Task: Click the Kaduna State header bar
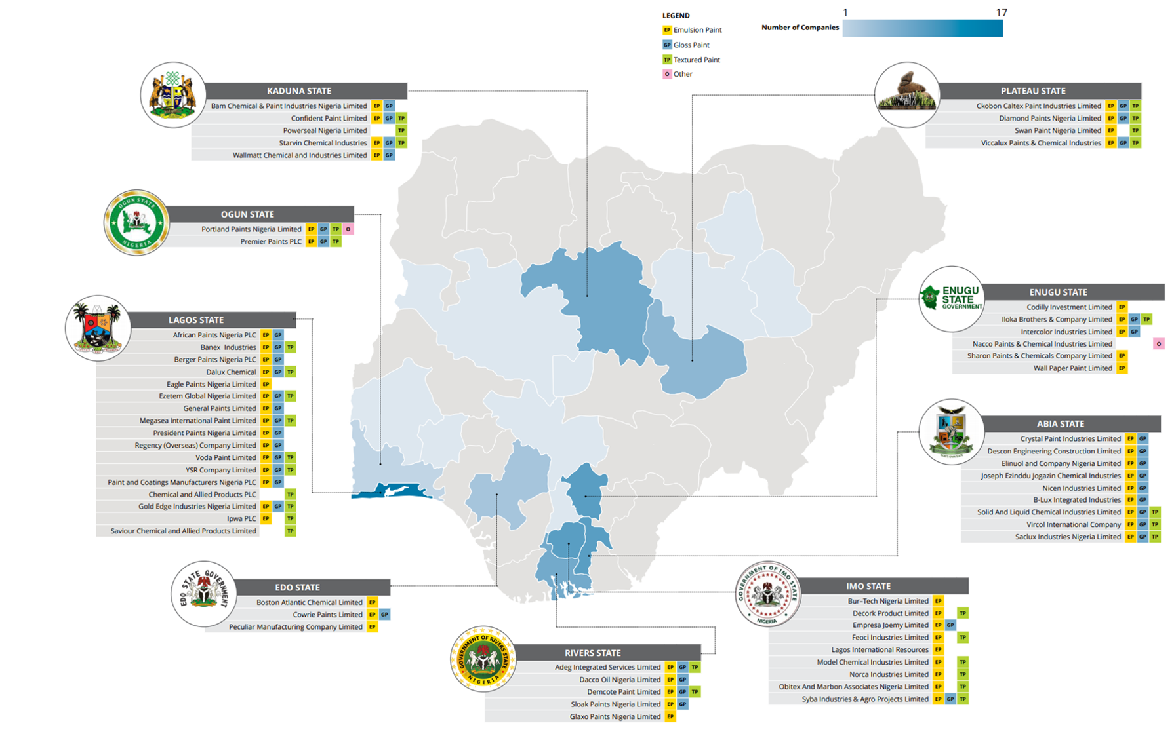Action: click(299, 90)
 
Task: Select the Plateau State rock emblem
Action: click(907, 94)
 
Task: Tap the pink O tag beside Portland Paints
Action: click(348, 229)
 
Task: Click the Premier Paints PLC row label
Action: click(271, 242)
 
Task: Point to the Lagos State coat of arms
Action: click(98, 328)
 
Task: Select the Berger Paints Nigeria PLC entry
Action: click(215, 360)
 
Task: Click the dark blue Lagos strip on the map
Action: click(394, 491)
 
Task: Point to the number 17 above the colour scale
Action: click(1001, 12)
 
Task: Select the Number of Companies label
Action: click(800, 28)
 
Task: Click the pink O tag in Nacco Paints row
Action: click(1159, 344)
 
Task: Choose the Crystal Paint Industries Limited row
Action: click(1070, 439)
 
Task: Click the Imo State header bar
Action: click(868, 586)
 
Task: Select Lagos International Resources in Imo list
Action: click(880, 650)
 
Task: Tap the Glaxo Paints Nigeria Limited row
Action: click(615, 717)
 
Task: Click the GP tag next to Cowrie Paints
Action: click(385, 615)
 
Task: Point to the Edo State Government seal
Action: click(203, 593)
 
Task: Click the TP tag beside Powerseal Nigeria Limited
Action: click(401, 131)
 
